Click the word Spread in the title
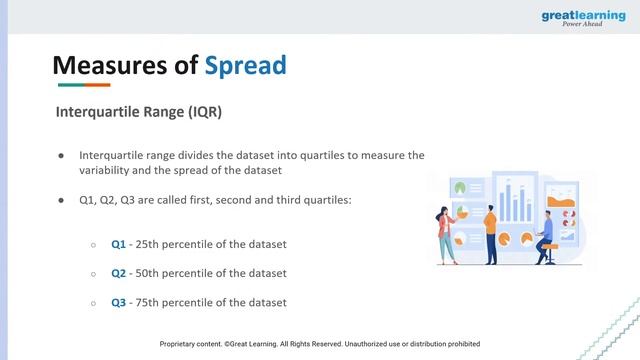tap(245, 65)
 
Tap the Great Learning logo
tap(584, 19)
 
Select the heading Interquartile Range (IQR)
tap(138, 112)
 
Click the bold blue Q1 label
tap(119, 244)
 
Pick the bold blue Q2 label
tap(119, 273)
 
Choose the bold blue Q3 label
tap(119, 302)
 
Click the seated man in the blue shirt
tap(546, 232)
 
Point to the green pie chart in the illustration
tap(461, 187)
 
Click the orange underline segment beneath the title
tap(97, 85)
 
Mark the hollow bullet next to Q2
tap(93, 273)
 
